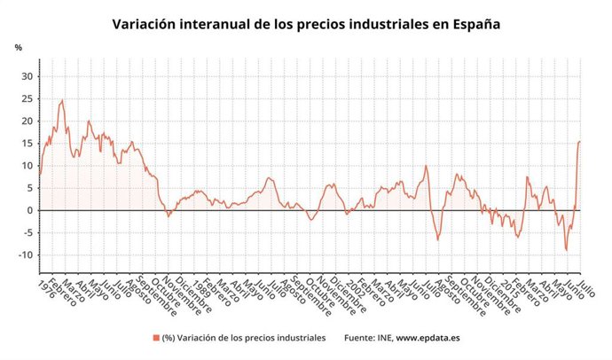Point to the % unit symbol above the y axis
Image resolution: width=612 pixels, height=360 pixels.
[x=18, y=47]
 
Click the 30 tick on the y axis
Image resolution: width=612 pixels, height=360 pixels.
[x=27, y=76]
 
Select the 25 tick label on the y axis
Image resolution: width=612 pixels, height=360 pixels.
[x=27, y=98]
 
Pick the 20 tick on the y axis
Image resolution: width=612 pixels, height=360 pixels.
[x=27, y=121]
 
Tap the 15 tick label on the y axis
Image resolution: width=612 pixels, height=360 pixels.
[x=27, y=144]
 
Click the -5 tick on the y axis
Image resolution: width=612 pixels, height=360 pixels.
[x=27, y=233]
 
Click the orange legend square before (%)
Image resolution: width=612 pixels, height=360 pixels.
[x=155, y=338]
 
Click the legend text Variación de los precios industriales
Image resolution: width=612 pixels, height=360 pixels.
[x=254, y=338]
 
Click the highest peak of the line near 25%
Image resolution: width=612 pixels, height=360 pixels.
[x=61, y=100]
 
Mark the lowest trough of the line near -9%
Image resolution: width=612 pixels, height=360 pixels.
[x=567, y=251]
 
